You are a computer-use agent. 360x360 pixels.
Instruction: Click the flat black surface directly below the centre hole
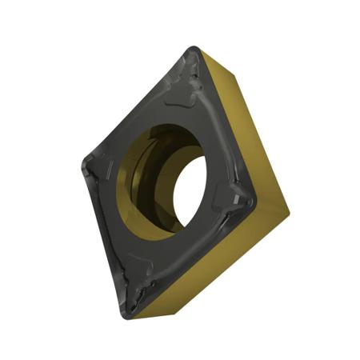tap(168, 256)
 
